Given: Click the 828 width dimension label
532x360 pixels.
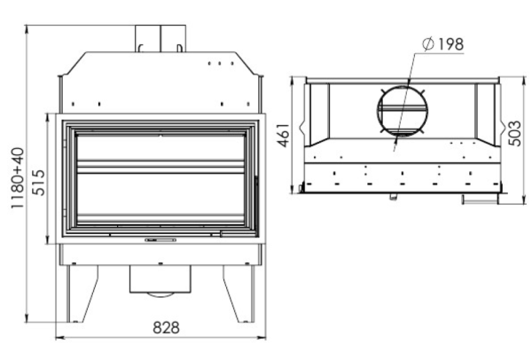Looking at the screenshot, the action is click(x=166, y=327).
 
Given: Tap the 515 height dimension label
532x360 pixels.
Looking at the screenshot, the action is click(x=39, y=183).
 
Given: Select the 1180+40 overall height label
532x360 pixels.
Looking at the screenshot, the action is click(x=18, y=178).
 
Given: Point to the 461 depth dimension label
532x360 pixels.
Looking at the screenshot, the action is click(x=284, y=136).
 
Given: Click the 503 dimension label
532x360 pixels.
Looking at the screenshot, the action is click(x=515, y=133).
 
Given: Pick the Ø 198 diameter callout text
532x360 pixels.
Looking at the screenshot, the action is click(x=442, y=44).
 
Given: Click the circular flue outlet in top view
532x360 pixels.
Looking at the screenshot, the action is click(x=403, y=111).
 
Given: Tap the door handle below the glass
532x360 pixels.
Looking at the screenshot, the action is click(x=160, y=240).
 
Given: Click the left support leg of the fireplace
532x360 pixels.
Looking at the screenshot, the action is click(x=82, y=293).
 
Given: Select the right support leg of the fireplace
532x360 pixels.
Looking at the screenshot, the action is click(x=239, y=293).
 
